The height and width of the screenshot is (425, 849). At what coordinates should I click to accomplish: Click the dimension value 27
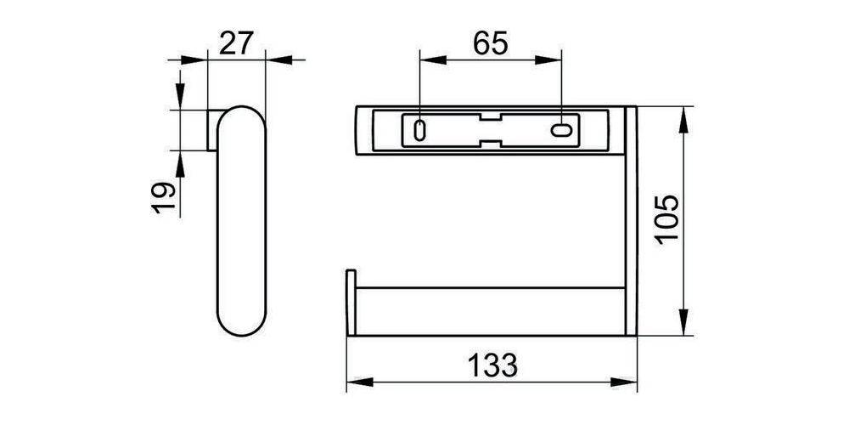(x=238, y=42)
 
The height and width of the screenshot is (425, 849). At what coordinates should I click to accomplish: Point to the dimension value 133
(x=492, y=365)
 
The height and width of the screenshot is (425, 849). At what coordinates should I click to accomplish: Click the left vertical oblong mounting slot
(x=419, y=131)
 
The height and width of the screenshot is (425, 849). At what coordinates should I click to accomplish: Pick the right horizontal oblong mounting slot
(x=562, y=131)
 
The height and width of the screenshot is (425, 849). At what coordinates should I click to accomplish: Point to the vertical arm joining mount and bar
(x=630, y=221)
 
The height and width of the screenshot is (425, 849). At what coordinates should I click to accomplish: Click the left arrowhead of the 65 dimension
(x=429, y=59)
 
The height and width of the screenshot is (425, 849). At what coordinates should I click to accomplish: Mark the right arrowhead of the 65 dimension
(x=553, y=59)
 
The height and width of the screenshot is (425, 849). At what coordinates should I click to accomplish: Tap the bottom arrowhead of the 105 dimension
(x=683, y=326)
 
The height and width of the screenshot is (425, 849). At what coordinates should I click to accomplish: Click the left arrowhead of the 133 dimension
(x=356, y=383)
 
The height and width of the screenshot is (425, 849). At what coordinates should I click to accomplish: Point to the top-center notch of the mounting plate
(x=491, y=116)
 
